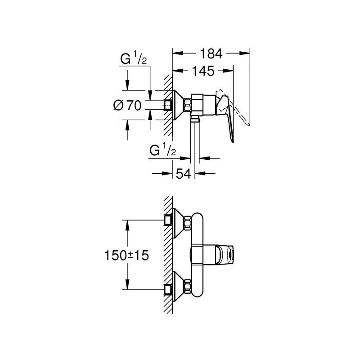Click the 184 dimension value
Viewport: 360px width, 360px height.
pos(211,54)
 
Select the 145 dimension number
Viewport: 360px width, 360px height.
pos(202,71)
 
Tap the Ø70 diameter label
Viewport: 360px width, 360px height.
pos(128,106)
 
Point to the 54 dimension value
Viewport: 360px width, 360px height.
pos(184,173)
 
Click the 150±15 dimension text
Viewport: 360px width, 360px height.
pos(126,256)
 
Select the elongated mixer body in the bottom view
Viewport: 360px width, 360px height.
pos(198,254)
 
